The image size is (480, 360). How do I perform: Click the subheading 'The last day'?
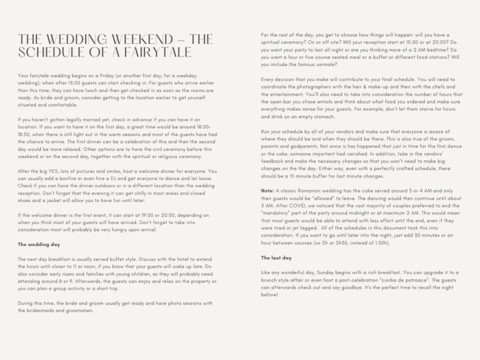pos(276,258)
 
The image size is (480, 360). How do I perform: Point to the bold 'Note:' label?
pos(268,191)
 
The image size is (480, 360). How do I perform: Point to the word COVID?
pos(295,205)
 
